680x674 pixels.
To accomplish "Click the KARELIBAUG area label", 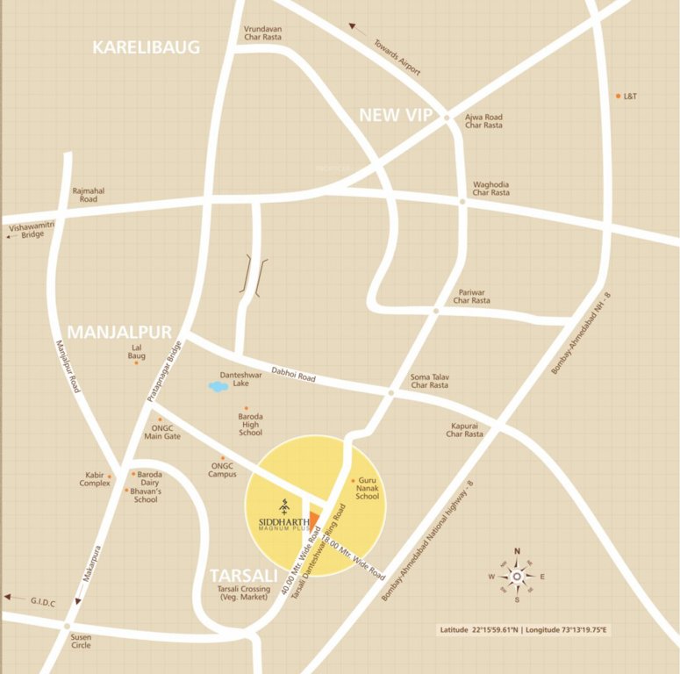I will tap(147, 47).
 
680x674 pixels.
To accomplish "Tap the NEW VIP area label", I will tap(395, 114).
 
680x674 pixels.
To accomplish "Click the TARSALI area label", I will tap(243, 576).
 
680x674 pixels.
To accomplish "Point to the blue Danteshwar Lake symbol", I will tap(217, 385).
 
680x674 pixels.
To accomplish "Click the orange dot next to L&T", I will tap(618, 96).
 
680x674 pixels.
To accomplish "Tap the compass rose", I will tap(517, 577).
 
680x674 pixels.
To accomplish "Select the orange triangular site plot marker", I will tap(315, 520).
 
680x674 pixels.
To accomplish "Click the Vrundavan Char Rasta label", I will tap(263, 34).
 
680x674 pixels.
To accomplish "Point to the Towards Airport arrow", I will tap(354, 29).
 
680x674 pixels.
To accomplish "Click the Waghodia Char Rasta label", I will tap(491, 189).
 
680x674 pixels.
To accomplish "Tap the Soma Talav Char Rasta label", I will tap(430, 381).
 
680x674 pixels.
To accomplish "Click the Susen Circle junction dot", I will tap(67, 627).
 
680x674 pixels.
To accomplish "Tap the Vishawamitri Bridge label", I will tap(25, 231).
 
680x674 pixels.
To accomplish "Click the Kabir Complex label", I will tap(95, 479).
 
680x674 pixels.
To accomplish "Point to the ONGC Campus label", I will tap(223, 470).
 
